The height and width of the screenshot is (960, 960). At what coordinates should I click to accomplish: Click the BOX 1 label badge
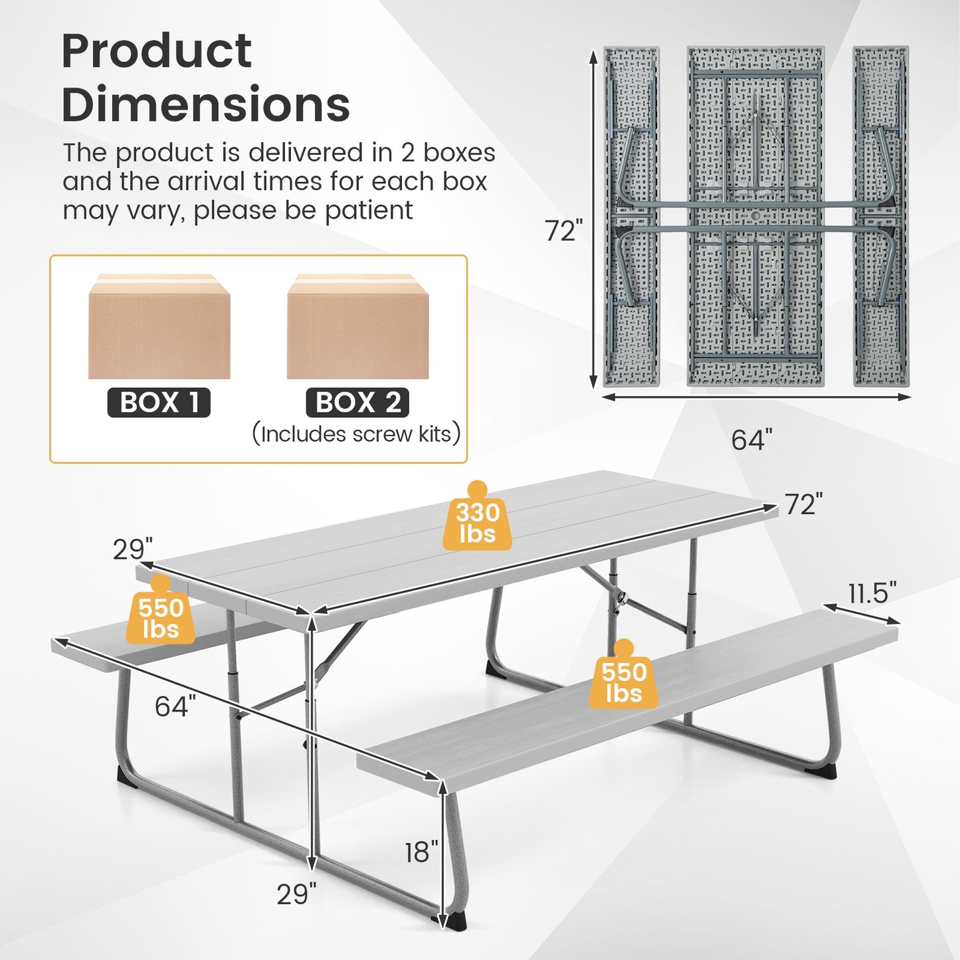159,403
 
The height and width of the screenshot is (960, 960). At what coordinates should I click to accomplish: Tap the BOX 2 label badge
357,403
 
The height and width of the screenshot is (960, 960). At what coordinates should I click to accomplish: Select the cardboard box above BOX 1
159,326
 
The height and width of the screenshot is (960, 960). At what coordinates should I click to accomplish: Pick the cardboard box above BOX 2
357,326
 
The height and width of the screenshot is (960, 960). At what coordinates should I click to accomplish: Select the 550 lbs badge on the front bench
624,678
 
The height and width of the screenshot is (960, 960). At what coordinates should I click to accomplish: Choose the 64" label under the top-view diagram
752,439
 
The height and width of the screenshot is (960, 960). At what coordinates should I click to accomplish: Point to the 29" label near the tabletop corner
132,549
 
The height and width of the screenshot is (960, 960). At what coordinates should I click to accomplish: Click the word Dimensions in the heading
206,104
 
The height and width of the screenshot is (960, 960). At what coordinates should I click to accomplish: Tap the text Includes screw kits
355,434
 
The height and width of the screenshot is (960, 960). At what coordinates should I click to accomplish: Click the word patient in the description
369,211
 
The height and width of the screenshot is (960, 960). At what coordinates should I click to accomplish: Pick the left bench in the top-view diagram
631,216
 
